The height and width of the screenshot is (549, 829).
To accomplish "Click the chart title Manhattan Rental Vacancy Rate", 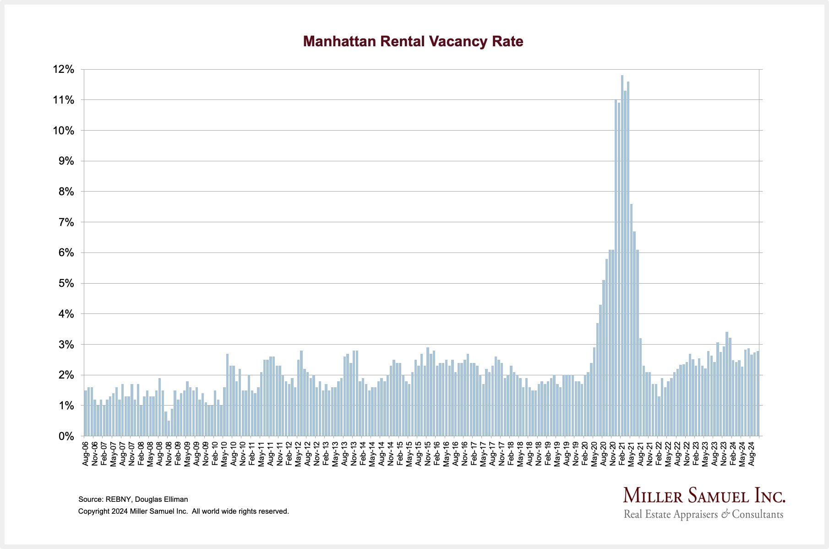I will (413, 42).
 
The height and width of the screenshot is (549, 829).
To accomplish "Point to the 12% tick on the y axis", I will (64, 70).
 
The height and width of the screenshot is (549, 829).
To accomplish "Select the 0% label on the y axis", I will (66, 436).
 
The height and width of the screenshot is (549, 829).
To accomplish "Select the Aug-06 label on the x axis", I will (85, 454).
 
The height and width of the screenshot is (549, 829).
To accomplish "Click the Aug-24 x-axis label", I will (751, 454).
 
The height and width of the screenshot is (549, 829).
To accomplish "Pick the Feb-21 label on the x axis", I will (622, 454).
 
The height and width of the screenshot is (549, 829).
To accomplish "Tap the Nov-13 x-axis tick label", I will (354, 454).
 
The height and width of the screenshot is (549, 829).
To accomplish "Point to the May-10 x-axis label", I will (224, 454).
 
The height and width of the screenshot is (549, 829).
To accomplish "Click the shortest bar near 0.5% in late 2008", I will (169, 428).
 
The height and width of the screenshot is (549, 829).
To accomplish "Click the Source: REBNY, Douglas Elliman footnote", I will (133, 499).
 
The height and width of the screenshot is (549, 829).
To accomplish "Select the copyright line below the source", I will (183, 511).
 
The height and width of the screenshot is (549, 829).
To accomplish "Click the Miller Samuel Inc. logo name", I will (704, 496).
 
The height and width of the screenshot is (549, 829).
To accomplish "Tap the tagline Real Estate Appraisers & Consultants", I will (704, 514).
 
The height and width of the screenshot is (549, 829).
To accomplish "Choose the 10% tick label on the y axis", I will (64, 131).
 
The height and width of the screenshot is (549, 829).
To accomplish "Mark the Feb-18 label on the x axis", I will (511, 454).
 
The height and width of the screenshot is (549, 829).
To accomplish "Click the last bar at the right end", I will (758, 394).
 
